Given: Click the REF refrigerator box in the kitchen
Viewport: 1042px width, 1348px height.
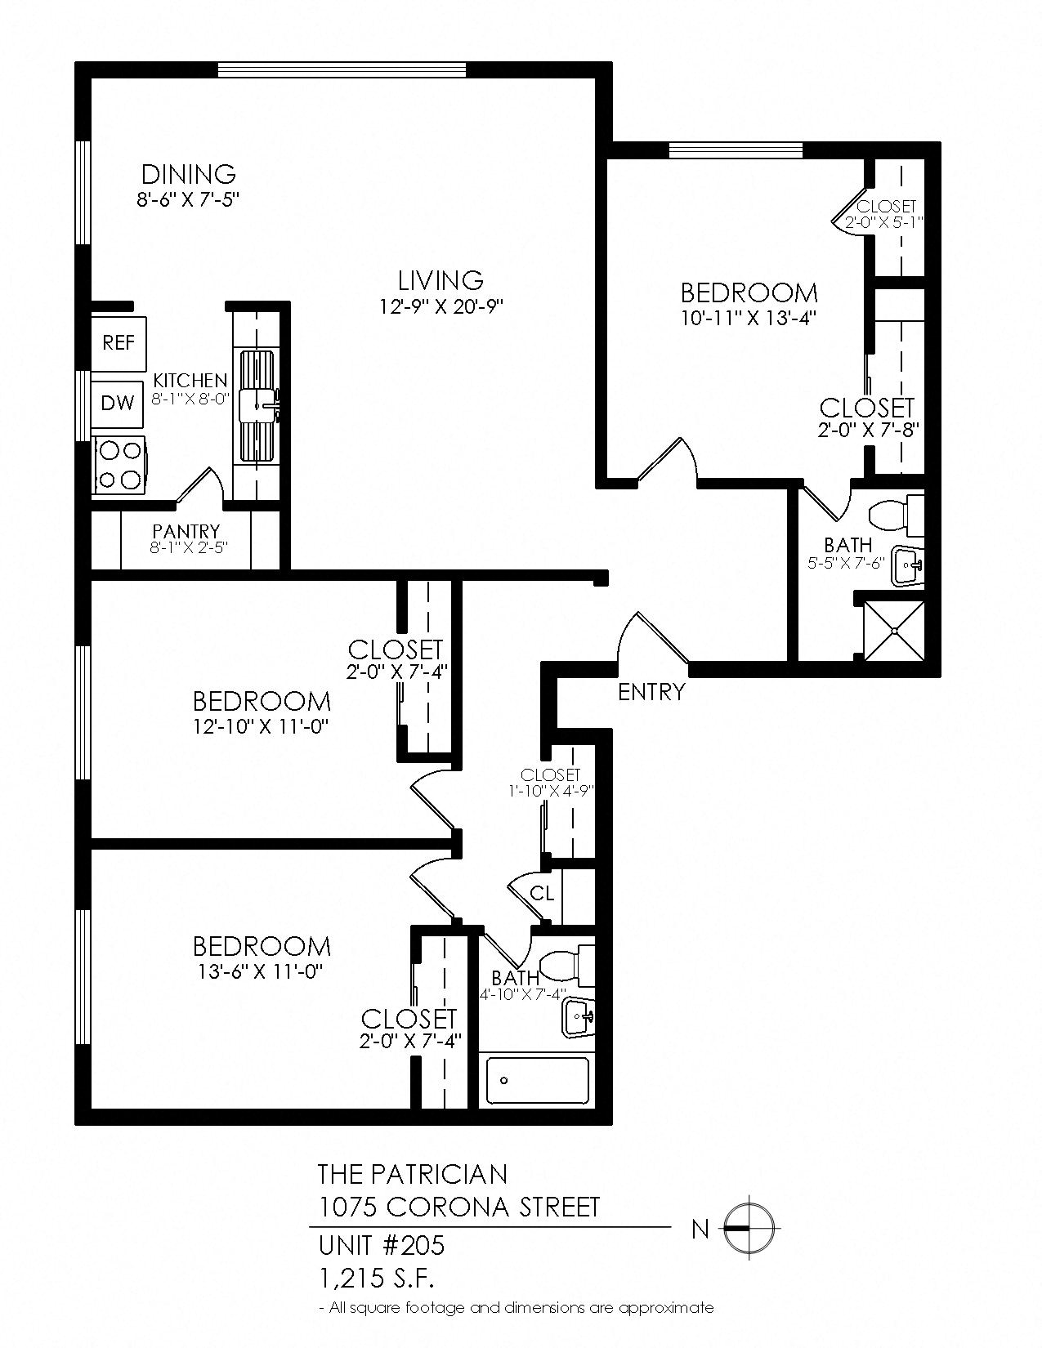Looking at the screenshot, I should [119, 342].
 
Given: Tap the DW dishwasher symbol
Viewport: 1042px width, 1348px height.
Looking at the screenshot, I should [119, 403].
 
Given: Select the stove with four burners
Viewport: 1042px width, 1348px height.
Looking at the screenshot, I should [120, 464].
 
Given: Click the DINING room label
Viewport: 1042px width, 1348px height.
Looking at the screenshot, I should [189, 174].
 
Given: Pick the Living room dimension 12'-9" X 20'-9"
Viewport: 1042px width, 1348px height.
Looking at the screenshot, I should [441, 306].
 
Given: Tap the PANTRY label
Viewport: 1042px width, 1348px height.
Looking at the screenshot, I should [186, 532].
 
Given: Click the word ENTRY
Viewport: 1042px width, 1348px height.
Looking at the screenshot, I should [651, 693].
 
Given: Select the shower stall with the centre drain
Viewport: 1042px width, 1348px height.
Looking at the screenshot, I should [895, 630].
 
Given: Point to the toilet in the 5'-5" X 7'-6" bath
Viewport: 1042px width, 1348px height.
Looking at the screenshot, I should [895, 517].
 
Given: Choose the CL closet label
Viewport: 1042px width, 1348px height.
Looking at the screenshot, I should [542, 894].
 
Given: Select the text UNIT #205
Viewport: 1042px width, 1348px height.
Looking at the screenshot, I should [382, 1245].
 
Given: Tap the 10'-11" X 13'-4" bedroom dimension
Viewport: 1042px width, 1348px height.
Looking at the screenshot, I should [749, 318].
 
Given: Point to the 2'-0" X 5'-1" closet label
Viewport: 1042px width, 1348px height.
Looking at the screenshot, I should [886, 221].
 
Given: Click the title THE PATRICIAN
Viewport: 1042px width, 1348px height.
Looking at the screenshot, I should [412, 1174].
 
